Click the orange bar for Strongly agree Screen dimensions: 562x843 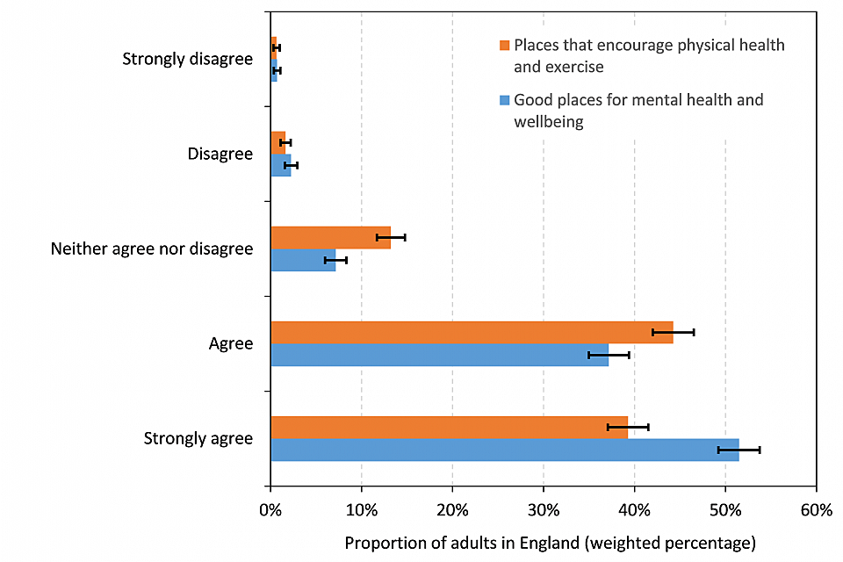(448, 427)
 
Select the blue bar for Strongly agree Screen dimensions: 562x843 (504, 450)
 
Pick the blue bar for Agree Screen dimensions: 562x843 (439, 355)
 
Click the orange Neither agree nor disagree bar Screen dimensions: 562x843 (330, 237)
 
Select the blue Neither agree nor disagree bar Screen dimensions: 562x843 (303, 260)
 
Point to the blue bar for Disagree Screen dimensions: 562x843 (280, 165)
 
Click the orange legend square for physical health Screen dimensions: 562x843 (504, 45)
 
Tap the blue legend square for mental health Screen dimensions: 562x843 (504, 100)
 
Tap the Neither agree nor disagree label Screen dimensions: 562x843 (152, 249)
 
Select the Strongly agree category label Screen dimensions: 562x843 (198, 438)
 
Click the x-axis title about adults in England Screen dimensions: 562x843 (550, 542)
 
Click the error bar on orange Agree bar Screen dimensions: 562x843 (673, 332)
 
